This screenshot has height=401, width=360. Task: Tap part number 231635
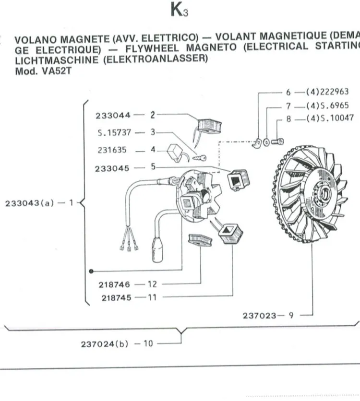112,150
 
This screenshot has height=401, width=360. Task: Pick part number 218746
114,284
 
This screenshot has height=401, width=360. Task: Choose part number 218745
116,298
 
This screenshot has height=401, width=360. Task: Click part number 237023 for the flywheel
260,315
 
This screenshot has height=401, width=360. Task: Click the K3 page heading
179,10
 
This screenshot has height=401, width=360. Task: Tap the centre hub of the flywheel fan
323,192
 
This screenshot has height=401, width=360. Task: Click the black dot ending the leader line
91,271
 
